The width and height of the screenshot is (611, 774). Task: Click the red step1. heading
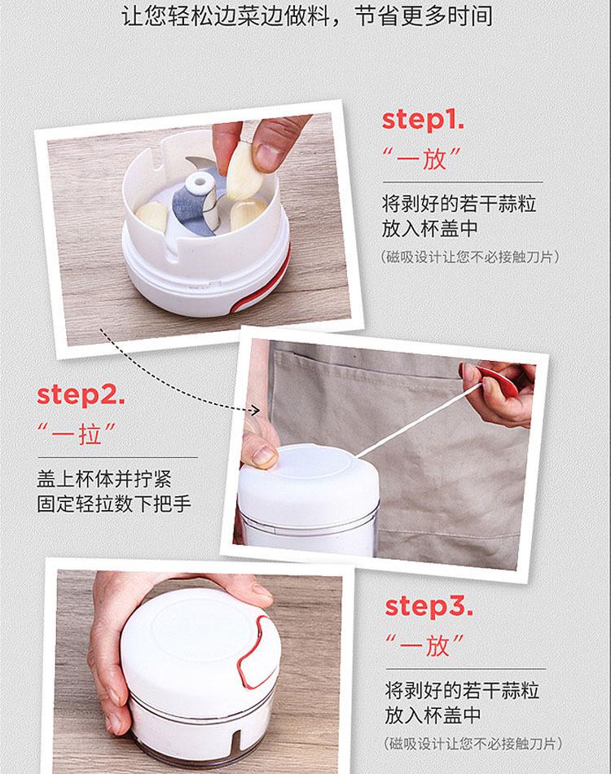[x=423, y=121]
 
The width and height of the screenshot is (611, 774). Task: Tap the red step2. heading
[x=81, y=396]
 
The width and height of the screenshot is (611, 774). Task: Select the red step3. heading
[x=429, y=607]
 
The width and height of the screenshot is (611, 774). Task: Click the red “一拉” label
[x=77, y=433]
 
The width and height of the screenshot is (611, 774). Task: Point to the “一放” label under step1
[x=421, y=158]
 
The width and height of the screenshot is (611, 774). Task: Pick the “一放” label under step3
[x=425, y=645]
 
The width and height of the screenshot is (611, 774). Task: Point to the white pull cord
[x=416, y=422]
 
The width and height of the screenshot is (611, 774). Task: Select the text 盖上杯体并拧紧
[x=104, y=479]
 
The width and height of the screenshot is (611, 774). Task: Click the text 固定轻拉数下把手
[x=114, y=504]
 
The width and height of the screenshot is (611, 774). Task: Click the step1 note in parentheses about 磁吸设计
[x=470, y=257]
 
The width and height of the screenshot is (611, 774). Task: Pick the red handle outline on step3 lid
[x=256, y=652]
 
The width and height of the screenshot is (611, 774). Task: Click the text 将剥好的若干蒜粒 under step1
[x=459, y=204]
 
